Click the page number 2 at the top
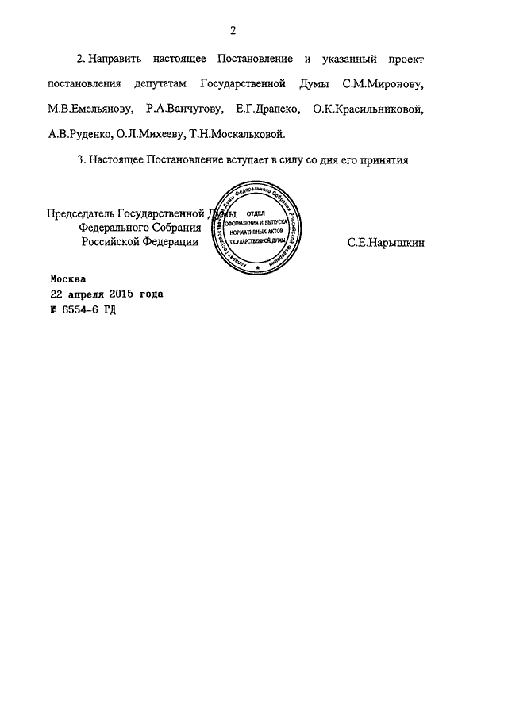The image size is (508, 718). pos(233,32)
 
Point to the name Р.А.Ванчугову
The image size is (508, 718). pos(179,109)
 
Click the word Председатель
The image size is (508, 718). pos(81,215)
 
